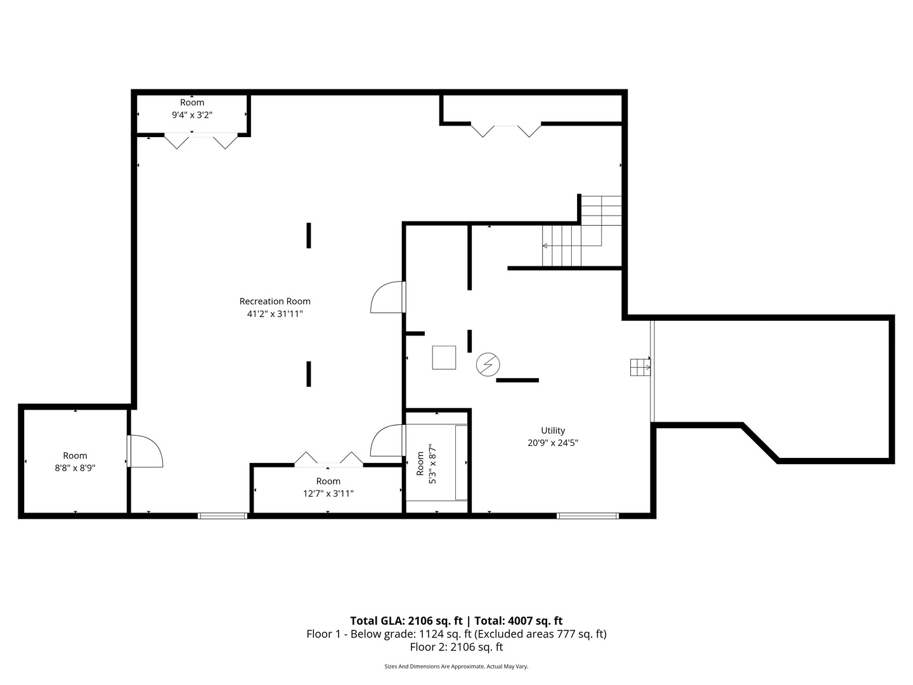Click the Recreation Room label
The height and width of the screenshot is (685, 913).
tap(275, 301)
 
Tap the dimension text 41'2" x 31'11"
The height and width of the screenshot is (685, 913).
tap(275, 313)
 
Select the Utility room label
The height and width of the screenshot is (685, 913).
tap(553, 431)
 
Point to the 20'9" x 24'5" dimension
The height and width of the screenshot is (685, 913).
tap(553, 443)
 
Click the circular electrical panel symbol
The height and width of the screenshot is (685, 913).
tap(488, 365)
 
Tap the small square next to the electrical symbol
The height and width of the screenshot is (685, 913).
tap(444, 358)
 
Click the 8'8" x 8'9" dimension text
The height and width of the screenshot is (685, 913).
tap(75, 468)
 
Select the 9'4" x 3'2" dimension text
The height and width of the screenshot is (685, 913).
tap(191, 115)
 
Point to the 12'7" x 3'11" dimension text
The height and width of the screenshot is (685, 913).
tap(328, 493)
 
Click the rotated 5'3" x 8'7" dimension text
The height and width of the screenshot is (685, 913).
tap(432, 463)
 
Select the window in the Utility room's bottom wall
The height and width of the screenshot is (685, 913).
tap(588, 516)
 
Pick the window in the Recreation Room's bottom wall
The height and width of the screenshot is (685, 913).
tap(223, 516)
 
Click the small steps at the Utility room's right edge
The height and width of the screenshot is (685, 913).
tap(640, 367)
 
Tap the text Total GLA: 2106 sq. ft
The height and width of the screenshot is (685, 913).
tap(406, 621)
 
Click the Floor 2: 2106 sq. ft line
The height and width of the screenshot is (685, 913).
tap(456, 647)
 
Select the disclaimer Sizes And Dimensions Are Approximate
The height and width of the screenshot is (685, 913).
tap(435, 666)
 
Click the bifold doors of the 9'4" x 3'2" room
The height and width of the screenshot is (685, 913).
tap(201, 140)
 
